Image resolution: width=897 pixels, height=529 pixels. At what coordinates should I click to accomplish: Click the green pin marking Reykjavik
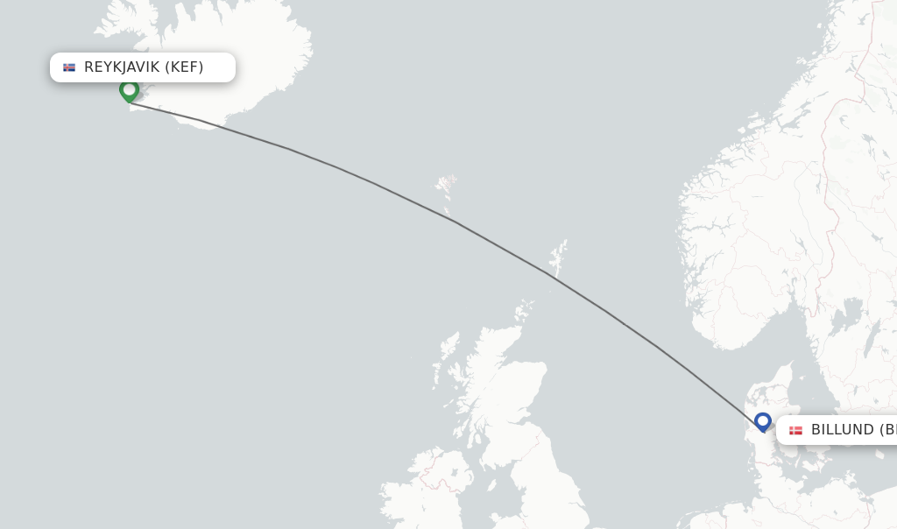click(130, 90)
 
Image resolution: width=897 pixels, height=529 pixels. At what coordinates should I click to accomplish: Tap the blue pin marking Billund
click(763, 421)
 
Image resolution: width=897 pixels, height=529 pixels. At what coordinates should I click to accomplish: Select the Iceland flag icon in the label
click(69, 67)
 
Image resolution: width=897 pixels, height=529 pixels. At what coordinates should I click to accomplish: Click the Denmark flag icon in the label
click(795, 430)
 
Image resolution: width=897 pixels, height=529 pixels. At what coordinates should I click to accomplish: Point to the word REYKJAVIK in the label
click(122, 67)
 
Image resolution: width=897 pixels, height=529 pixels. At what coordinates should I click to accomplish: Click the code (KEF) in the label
click(184, 67)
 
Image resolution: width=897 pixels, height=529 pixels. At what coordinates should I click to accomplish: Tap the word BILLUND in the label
click(842, 430)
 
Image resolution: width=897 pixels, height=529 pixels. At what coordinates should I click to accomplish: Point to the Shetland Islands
click(557, 257)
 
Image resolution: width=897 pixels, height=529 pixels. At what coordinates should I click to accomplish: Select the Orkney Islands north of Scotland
click(524, 309)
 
